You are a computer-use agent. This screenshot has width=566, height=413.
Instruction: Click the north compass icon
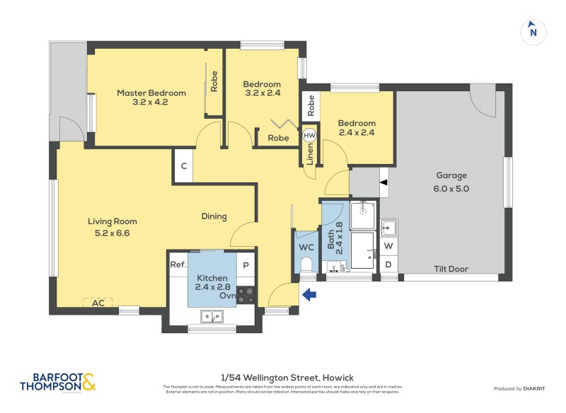click(533, 31)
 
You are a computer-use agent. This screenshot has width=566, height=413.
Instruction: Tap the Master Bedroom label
click(151, 97)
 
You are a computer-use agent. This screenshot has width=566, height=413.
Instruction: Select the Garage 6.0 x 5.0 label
click(451, 182)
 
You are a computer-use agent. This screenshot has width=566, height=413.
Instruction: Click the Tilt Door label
click(451, 269)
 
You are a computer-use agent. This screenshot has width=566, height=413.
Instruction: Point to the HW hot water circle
click(309, 134)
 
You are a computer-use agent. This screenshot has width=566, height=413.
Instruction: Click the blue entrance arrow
click(309, 295)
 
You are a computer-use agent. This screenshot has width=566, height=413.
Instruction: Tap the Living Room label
click(112, 226)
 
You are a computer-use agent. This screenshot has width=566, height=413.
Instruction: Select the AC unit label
click(97, 302)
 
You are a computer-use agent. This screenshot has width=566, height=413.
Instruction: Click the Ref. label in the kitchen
click(178, 264)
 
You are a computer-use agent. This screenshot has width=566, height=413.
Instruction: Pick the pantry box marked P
click(246, 264)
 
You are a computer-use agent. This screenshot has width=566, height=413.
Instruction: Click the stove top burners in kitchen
click(246, 295)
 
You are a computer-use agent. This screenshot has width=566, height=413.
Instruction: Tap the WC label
click(306, 248)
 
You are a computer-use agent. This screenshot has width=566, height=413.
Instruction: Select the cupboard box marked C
click(183, 166)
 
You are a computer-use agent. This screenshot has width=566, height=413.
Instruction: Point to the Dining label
click(214, 216)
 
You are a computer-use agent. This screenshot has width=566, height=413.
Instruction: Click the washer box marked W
click(388, 246)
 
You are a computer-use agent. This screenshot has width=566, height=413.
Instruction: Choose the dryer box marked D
click(388, 265)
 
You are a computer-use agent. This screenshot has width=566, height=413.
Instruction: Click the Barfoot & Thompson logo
click(58, 382)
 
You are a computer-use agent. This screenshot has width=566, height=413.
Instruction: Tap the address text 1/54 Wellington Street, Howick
click(283, 377)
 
